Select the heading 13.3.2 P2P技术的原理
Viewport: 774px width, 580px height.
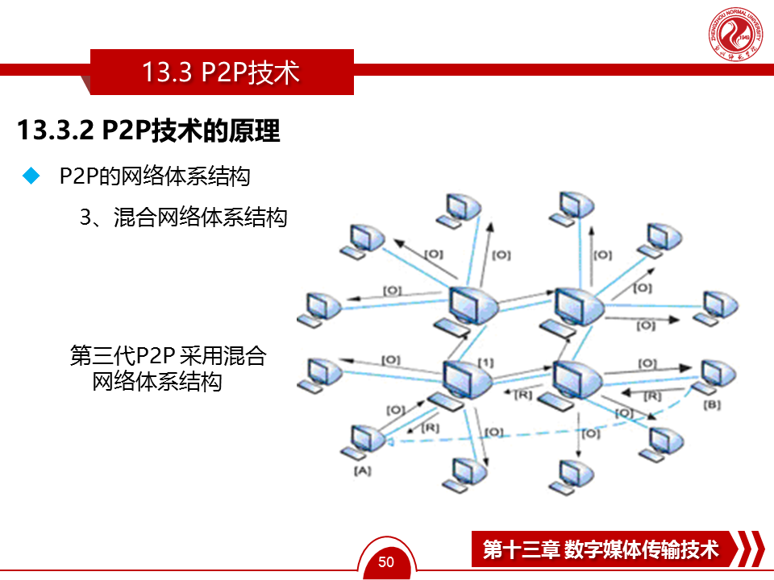pyautogui.click(x=148, y=130)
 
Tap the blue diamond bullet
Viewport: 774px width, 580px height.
pyautogui.click(x=32, y=176)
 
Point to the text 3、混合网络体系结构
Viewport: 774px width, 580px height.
pyautogui.click(x=183, y=217)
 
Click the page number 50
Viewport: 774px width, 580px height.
pyautogui.click(x=386, y=561)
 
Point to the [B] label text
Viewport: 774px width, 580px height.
pyautogui.click(x=711, y=404)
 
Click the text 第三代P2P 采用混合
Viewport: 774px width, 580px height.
pyautogui.click(x=169, y=355)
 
